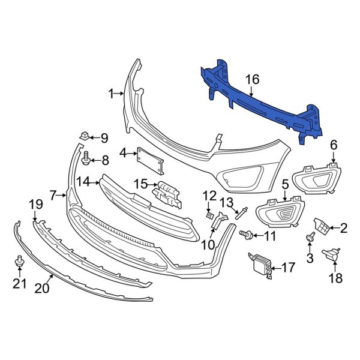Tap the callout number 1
pos(110,93)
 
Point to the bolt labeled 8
pos(86,160)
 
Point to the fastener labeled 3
pos(311,238)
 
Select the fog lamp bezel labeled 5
pos(281,214)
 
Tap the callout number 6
pos(334,144)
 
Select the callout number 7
pos(52,195)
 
